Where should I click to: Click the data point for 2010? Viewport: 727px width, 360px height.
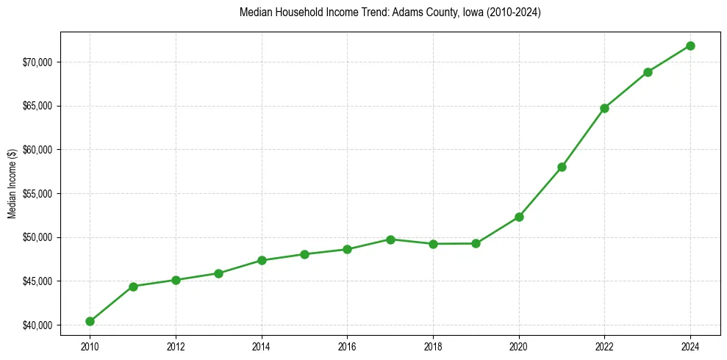90,321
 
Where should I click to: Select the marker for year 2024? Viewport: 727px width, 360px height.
690,46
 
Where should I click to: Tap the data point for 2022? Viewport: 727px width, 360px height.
604,108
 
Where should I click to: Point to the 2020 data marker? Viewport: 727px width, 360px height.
519,217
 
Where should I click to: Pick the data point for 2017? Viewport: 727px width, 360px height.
390,240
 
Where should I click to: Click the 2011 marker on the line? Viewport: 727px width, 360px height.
133,287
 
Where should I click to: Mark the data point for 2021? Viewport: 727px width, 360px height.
562,167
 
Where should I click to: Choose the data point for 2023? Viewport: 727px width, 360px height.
648,72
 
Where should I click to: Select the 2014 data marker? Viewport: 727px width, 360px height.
262,260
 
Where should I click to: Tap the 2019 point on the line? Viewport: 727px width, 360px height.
476,243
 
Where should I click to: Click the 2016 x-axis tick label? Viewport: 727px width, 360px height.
347,345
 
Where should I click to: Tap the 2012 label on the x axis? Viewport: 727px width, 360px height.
176,345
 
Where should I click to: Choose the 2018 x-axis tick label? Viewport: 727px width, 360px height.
433,345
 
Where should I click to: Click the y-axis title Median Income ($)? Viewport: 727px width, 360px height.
12,184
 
